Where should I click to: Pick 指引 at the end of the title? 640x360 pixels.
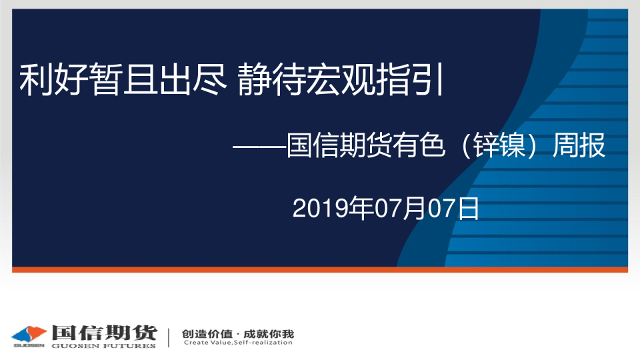tap(409, 79)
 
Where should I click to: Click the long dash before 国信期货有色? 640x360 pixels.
tap(259, 145)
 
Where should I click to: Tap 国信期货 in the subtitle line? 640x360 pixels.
tap(339, 145)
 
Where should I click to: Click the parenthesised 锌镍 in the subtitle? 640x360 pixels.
tap(499, 145)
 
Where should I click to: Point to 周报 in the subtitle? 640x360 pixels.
tap(579, 145)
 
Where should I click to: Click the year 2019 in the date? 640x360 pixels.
tap(320, 209)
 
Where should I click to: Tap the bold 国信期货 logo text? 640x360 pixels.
tap(104, 333)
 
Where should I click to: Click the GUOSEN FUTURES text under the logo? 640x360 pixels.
tap(104, 346)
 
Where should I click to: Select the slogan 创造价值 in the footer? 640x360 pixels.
tap(207, 334)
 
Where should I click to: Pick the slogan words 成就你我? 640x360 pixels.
tap(269, 334)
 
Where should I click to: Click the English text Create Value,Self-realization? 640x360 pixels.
tap(238, 343)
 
